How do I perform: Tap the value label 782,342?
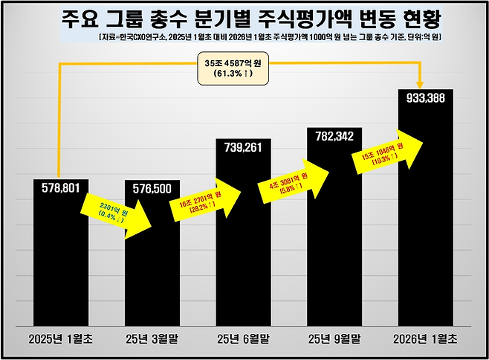pyautogui.click(x=335, y=138)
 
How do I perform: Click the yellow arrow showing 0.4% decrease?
pyautogui.click(x=111, y=212)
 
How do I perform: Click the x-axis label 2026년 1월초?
pyautogui.click(x=426, y=339)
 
